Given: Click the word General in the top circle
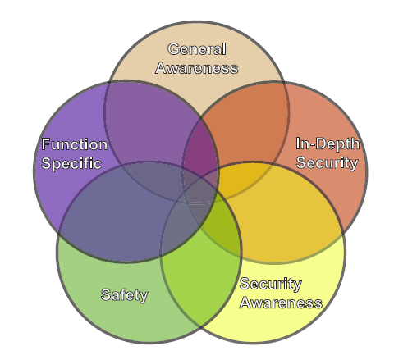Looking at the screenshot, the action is pos(197,49).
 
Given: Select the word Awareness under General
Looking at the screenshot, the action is pos(197,68).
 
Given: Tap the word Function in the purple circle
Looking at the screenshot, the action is pos(75,144).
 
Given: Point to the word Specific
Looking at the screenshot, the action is pos(71,163).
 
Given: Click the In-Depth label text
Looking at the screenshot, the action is pos(328,144).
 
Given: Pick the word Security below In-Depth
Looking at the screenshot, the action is pos(328,163).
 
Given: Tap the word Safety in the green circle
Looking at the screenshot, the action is pos(125,295).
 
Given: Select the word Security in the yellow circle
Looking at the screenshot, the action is pos(271,284).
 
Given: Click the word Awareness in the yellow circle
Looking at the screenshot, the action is pos(281,303).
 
